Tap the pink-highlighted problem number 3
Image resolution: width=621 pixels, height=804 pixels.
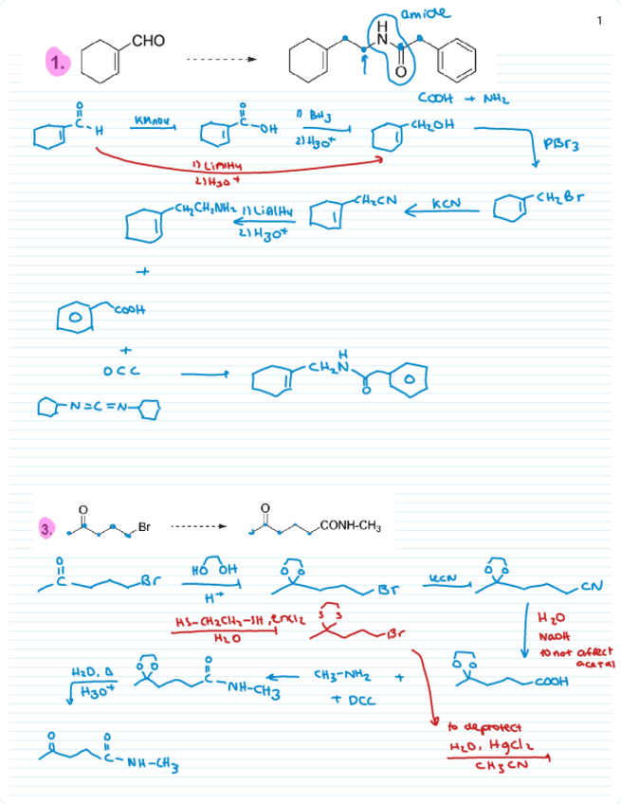click(x=45, y=529)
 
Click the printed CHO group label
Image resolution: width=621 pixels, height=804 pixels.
click(x=149, y=41)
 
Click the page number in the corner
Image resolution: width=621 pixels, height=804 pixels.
click(x=600, y=21)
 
